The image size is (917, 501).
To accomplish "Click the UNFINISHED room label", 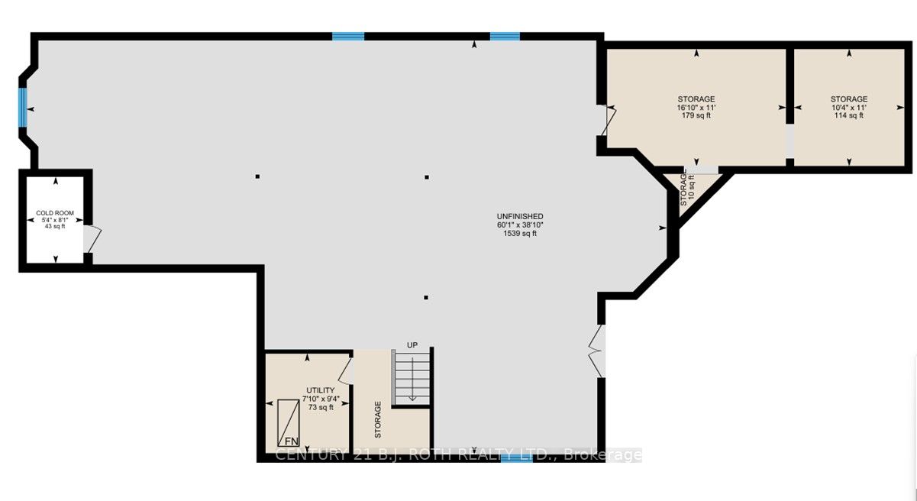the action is click(520, 216).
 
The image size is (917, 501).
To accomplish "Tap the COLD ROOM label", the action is click(55, 213).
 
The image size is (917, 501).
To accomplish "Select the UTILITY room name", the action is click(321, 390).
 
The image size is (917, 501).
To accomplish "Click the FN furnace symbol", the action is click(289, 423).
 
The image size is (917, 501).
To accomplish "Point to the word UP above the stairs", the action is click(412, 345).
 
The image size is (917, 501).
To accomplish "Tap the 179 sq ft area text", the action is click(696, 115).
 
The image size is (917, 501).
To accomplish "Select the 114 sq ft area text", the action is click(848, 115).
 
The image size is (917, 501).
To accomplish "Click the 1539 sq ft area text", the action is click(520, 233).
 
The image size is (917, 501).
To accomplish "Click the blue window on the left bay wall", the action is click(23, 107).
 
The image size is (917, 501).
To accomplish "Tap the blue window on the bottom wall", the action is click(517, 458).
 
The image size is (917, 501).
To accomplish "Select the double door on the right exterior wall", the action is click(596, 351).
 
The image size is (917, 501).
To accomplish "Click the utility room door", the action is click(346, 371).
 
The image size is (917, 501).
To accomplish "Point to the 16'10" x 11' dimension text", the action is click(696, 108).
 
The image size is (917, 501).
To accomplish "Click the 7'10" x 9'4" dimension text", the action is click(321, 399).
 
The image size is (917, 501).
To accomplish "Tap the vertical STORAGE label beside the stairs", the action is click(378, 419).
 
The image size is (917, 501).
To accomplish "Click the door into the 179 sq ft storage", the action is click(609, 121).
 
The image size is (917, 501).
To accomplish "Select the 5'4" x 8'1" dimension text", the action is click(55, 220).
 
